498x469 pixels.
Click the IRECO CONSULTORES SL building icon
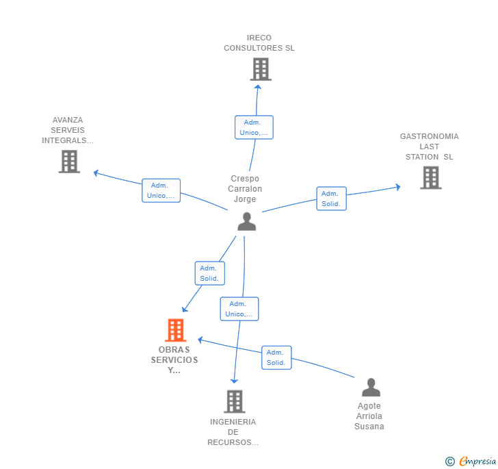(x=261, y=69)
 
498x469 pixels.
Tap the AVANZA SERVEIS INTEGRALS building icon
(x=69, y=162)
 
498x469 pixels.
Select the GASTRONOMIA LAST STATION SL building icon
(x=431, y=178)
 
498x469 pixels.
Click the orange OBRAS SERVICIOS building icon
(x=176, y=330)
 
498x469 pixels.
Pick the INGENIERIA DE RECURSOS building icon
(x=235, y=401)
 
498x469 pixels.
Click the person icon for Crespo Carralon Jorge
(x=247, y=222)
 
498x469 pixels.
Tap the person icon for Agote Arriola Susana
(x=371, y=387)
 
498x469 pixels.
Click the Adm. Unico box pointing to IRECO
(x=254, y=127)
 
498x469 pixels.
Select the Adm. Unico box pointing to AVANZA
(x=161, y=190)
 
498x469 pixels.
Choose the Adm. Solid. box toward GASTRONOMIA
(x=331, y=199)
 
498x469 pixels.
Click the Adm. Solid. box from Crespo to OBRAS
(x=209, y=273)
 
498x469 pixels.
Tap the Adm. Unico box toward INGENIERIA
(x=239, y=309)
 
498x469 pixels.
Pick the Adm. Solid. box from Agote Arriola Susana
(x=276, y=357)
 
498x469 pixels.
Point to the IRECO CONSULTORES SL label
(x=259, y=43)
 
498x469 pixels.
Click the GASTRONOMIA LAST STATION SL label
(x=430, y=147)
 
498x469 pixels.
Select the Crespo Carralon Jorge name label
(x=245, y=188)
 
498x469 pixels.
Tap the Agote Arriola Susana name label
(x=369, y=416)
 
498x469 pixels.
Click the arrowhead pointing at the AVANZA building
(x=96, y=173)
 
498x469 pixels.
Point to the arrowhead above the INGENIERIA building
(x=234, y=381)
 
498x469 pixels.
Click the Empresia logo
(x=471, y=461)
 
